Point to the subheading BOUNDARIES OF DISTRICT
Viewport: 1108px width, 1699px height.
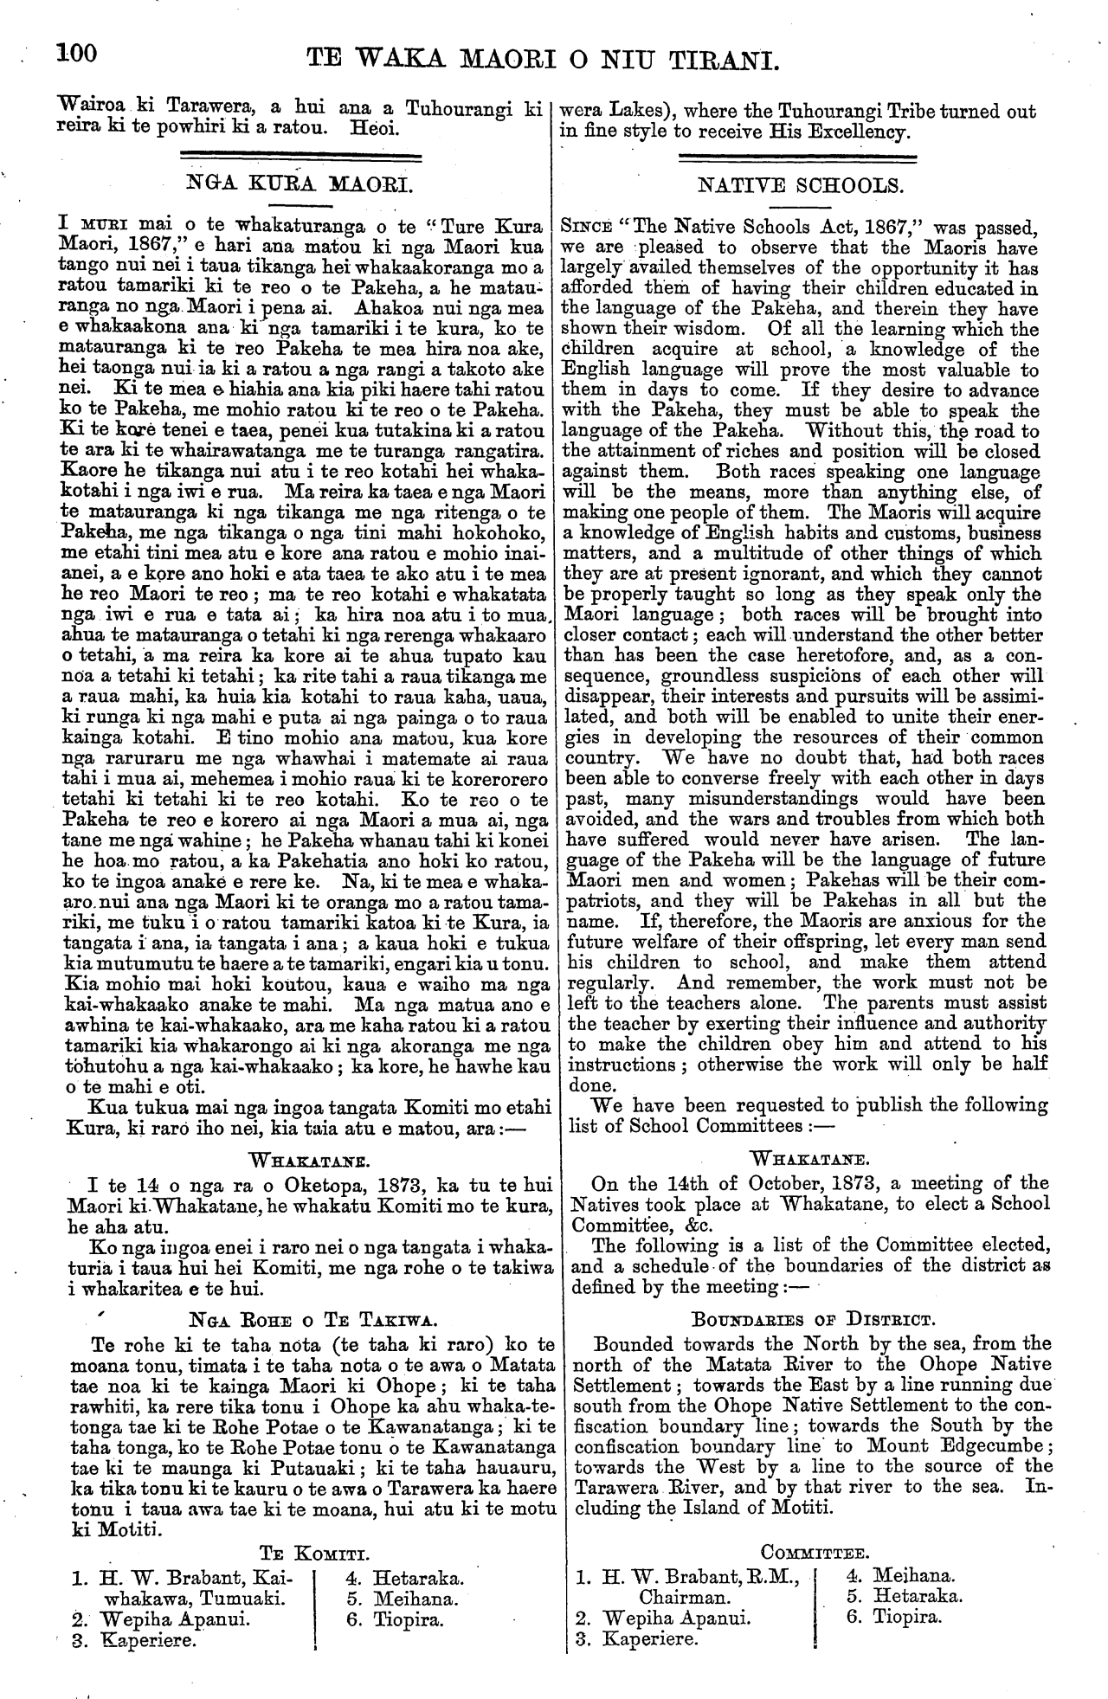pos(810,1321)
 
